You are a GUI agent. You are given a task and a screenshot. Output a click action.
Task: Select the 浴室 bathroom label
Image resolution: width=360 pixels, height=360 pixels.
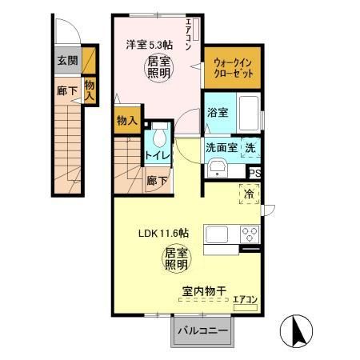click(x=218, y=113)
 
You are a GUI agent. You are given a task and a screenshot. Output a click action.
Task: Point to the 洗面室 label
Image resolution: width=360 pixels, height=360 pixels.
click(x=221, y=147)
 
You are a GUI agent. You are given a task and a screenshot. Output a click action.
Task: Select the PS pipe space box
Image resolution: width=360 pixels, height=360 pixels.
click(x=254, y=172)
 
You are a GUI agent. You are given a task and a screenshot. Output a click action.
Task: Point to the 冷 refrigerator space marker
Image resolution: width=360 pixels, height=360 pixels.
click(x=249, y=193)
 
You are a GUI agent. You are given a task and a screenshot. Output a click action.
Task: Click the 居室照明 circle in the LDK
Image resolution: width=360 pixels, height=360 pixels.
click(x=177, y=258)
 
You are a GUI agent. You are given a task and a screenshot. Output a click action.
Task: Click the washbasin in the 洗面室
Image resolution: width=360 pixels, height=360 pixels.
click(x=216, y=167)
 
